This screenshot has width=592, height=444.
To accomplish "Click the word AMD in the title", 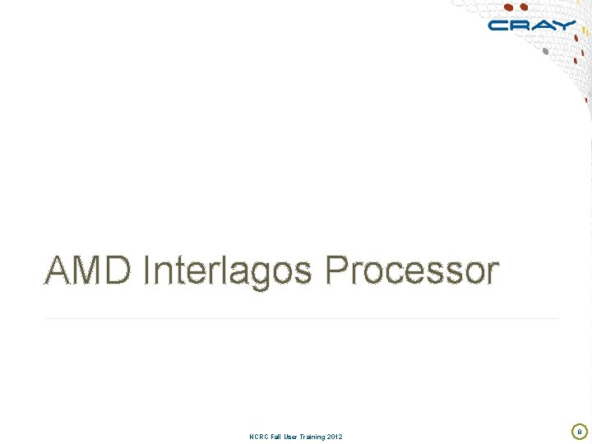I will coord(87,271).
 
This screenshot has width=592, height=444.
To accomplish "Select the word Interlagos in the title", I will coord(227,271).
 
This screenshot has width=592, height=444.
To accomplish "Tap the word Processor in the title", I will coord(411,271).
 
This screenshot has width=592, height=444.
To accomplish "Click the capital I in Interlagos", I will coord(146,270).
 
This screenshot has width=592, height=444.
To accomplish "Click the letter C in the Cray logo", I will coord(499,25).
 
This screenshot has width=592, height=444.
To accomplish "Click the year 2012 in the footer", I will coord(335,436).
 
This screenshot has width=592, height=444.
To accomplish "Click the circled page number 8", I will coord(579,431).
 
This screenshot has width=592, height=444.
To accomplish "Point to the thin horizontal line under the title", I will coord(301,318).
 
